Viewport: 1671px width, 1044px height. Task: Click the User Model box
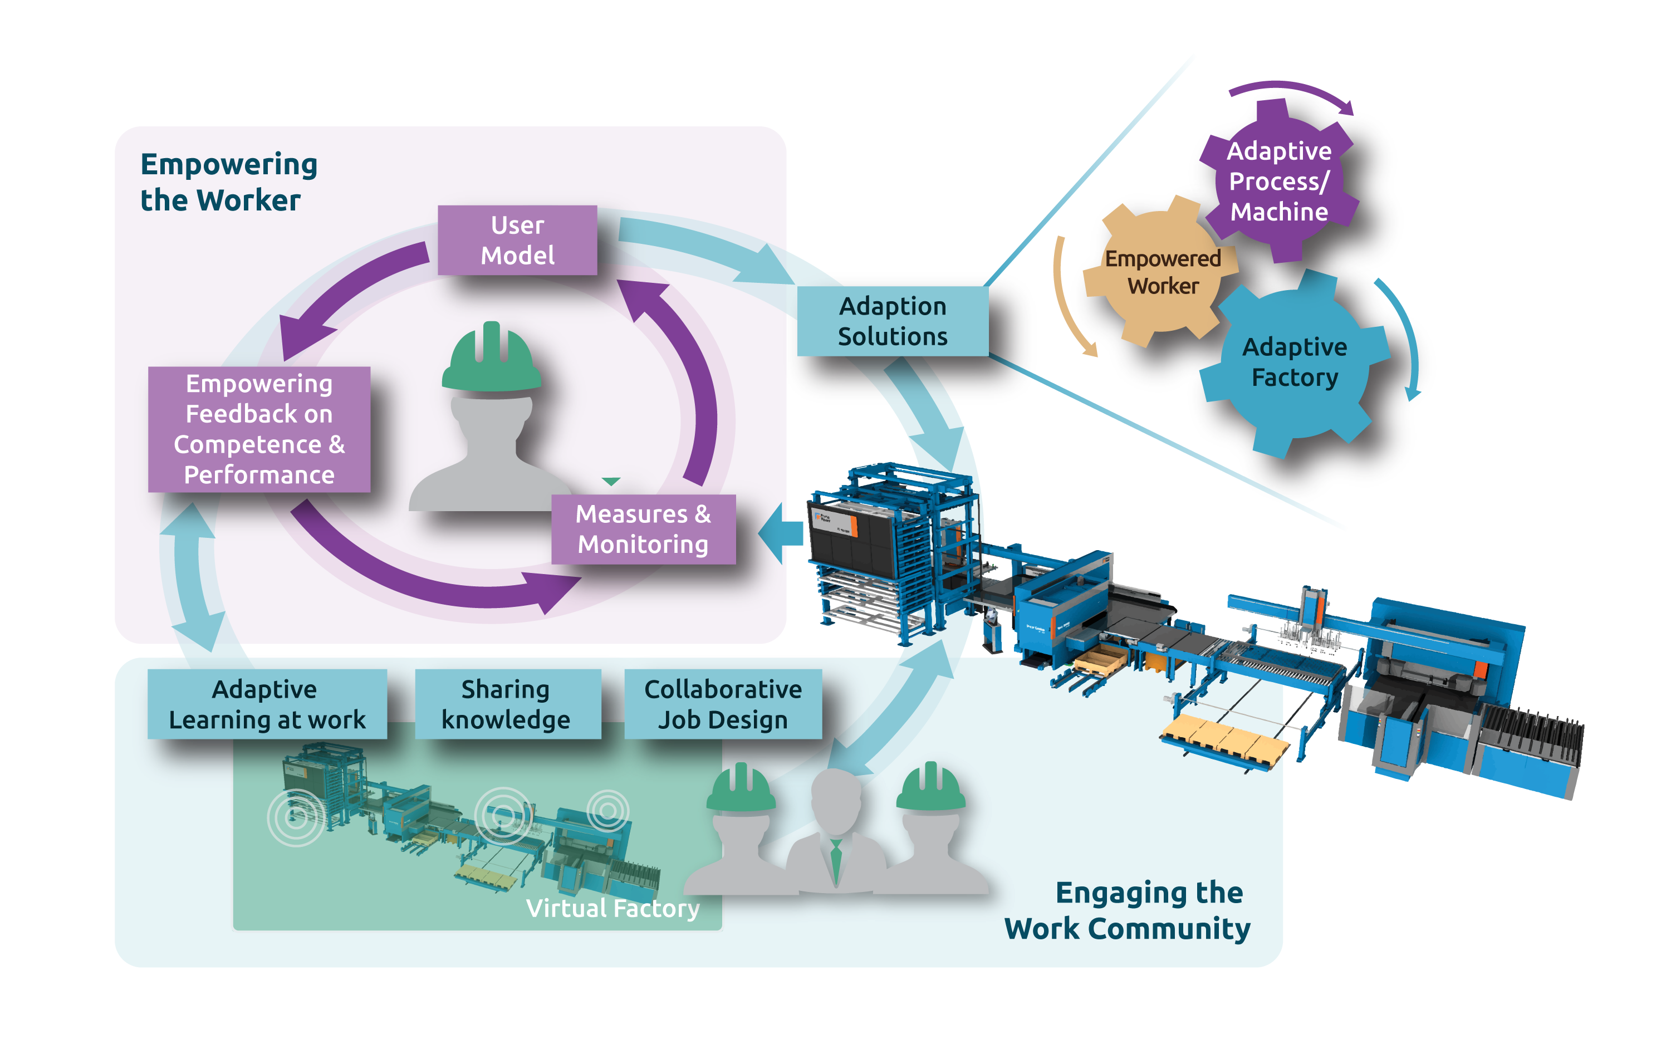pyautogui.click(x=517, y=241)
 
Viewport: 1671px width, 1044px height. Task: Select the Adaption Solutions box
pyautogui.click(x=892, y=321)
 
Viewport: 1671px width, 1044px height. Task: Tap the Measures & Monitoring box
pyautogui.click(x=643, y=529)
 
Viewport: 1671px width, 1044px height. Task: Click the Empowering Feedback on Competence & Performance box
pyautogui.click(x=259, y=429)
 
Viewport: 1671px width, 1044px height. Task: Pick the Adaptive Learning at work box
pyautogui.click(x=267, y=704)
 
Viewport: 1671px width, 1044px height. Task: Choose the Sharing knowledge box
pyautogui.click(x=507, y=704)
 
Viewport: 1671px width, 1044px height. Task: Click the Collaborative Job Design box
pyautogui.click(x=723, y=704)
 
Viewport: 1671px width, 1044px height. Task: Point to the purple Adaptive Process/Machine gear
pyautogui.click(x=1279, y=181)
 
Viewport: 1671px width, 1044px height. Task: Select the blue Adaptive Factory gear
pyautogui.click(x=1295, y=362)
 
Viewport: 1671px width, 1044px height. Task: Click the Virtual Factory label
pyautogui.click(x=612, y=908)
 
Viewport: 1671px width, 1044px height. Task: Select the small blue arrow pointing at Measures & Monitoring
pyautogui.click(x=780, y=532)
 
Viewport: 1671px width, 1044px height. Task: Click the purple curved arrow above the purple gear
pyautogui.click(x=1291, y=93)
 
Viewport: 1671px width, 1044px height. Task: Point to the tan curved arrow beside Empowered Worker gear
pyautogui.click(x=1067, y=297)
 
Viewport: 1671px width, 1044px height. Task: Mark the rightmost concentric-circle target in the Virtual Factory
pyautogui.click(x=607, y=811)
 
